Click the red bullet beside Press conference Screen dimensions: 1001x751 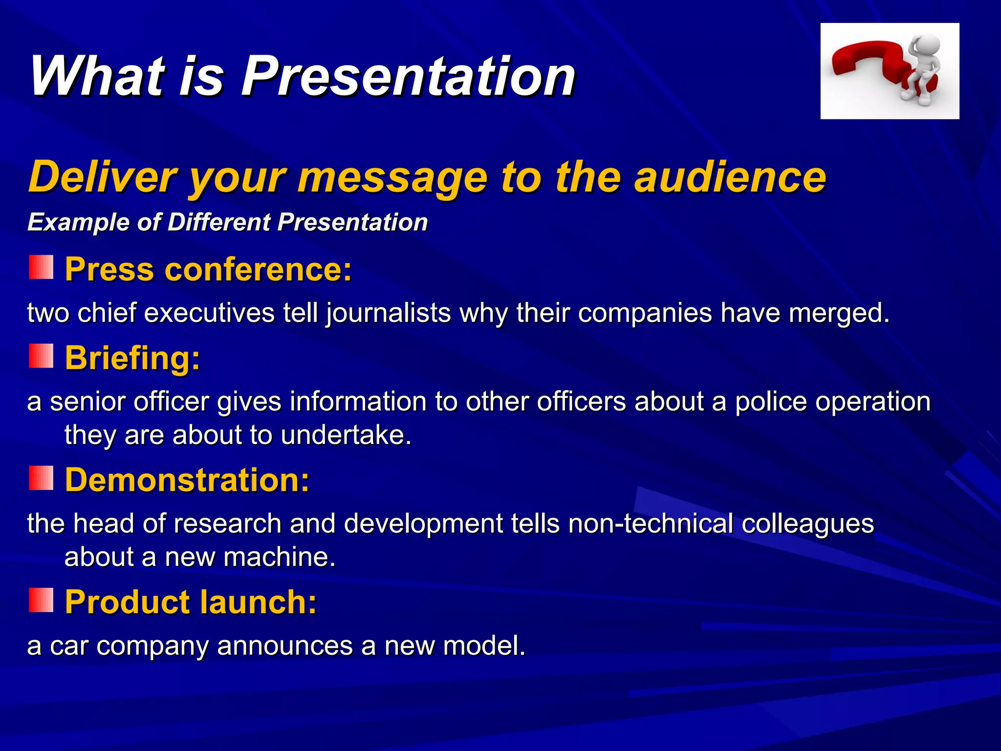41,267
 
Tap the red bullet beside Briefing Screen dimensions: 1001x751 41,355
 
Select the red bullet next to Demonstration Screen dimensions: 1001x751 41,478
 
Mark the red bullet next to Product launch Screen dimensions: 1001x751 41,600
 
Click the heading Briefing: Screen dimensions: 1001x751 133,358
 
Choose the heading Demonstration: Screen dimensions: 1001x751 188,480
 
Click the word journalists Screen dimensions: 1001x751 389,313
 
